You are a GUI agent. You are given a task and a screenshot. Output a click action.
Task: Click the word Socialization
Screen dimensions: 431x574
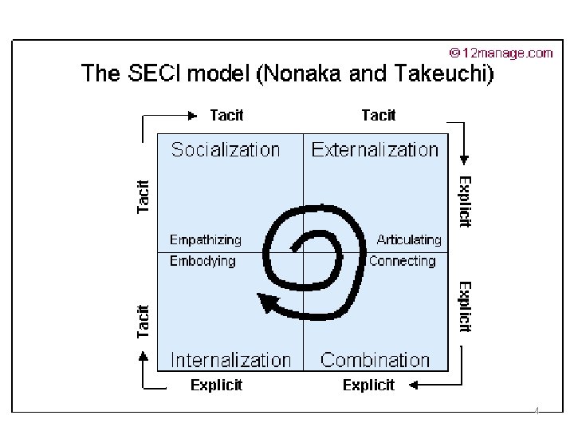(226, 149)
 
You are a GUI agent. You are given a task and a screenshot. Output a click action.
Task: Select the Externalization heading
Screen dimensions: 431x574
(375, 149)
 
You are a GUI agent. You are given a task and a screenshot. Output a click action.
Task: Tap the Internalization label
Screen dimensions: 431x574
(231, 360)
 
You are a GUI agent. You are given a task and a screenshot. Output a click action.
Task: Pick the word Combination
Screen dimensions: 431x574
(375, 360)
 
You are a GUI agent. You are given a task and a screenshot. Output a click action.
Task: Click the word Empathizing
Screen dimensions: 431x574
(206, 239)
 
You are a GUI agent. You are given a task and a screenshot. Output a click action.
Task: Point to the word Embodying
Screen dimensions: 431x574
(202, 261)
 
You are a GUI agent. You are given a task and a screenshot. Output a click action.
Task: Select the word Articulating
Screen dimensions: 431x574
(408, 239)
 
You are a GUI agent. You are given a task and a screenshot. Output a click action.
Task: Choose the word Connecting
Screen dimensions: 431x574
(402, 261)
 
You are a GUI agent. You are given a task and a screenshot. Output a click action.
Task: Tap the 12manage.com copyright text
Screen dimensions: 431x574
(501, 53)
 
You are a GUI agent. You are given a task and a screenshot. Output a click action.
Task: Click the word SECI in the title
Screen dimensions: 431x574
(152, 75)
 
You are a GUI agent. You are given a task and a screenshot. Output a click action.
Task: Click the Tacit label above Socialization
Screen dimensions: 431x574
(226, 115)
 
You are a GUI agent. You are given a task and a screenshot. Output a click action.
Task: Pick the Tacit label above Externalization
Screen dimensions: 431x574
(378, 115)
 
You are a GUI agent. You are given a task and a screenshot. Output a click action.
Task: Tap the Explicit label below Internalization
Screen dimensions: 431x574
(216, 386)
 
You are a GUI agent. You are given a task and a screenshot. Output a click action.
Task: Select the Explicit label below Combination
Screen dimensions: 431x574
(368, 386)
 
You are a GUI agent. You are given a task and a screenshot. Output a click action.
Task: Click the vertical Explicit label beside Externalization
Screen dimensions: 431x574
(466, 201)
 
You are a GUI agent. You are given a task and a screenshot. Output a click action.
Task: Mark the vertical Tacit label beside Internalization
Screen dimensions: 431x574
(143, 320)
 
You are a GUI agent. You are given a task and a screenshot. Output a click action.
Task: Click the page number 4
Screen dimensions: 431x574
(537, 412)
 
